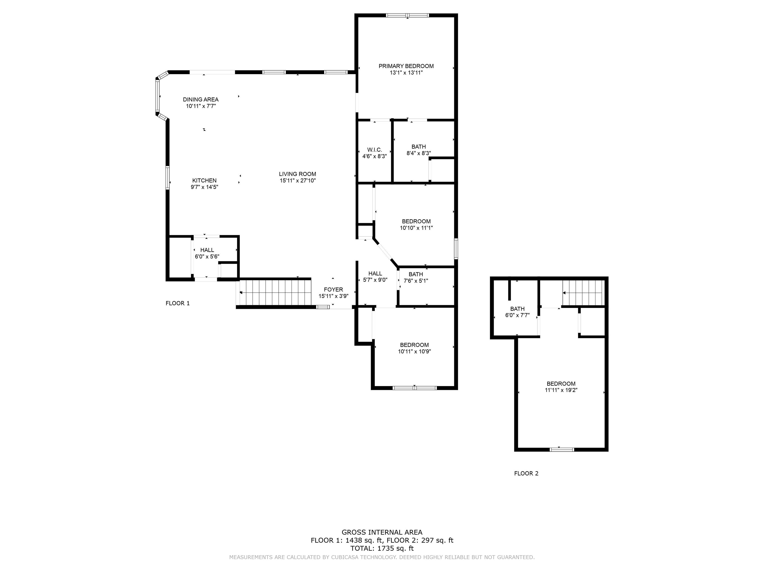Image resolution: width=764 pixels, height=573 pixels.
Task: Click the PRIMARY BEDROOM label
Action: click(406, 66)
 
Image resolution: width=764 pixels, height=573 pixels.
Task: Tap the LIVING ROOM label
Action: click(297, 174)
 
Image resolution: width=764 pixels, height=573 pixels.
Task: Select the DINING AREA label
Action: click(201, 99)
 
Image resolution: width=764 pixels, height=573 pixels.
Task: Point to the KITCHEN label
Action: click(204, 180)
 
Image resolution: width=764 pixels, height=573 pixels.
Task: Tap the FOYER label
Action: click(333, 289)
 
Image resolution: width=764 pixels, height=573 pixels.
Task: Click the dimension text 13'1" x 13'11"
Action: click(406, 73)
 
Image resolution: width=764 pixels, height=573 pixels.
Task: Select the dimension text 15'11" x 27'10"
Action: click(297, 181)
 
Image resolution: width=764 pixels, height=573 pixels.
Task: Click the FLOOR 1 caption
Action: click(178, 303)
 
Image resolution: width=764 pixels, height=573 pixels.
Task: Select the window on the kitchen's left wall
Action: click(168, 178)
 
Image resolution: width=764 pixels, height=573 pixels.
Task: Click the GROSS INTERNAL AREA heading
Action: click(382, 532)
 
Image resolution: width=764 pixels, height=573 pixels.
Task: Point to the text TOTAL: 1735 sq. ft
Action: click(382, 548)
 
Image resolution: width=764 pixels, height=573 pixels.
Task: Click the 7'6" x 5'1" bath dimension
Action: click(416, 281)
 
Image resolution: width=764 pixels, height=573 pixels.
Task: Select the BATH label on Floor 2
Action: click(517, 309)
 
